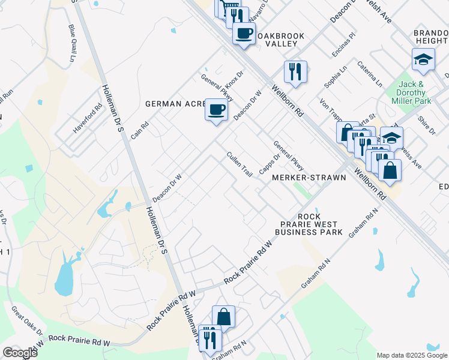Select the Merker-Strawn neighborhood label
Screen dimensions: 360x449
pyautogui.click(x=309, y=178)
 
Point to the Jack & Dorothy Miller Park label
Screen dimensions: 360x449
pyautogui.click(x=411, y=93)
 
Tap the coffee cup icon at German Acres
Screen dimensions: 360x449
pyautogui.click(x=217, y=110)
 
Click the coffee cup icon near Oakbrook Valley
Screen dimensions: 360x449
pyautogui.click(x=244, y=34)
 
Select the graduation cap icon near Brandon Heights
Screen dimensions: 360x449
pyautogui.click(x=423, y=59)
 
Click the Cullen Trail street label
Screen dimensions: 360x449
pyautogui.click(x=239, y=164)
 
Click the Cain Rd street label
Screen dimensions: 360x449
pyautogui.click(x=140, y=127)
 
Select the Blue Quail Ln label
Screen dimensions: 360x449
pyautogui.click(x=73, y=43)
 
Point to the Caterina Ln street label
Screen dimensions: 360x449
pyautogui.click(x=369, y=73)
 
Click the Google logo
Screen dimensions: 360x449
pyautogui.click(x=20, y=352)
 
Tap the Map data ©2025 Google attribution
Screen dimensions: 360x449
pyautogui.click(x=412, y=355)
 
